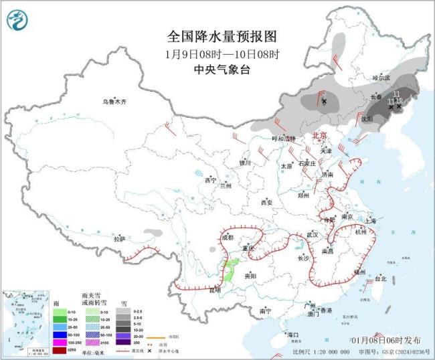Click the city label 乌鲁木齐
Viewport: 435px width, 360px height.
[x=114, y=102]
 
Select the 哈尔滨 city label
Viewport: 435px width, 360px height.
[x=380, y=78]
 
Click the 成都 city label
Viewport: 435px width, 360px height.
[x=227, y=238]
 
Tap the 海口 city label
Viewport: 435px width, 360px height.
[x=292, y=334]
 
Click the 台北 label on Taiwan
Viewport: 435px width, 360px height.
[x=380, y=278]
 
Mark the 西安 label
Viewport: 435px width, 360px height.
[x=267, y=201]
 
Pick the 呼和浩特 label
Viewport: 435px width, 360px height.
[x=283, y=139]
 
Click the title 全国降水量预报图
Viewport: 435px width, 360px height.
[x=222, y=35]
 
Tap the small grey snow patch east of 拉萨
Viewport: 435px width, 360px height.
[x=153, y=232]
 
